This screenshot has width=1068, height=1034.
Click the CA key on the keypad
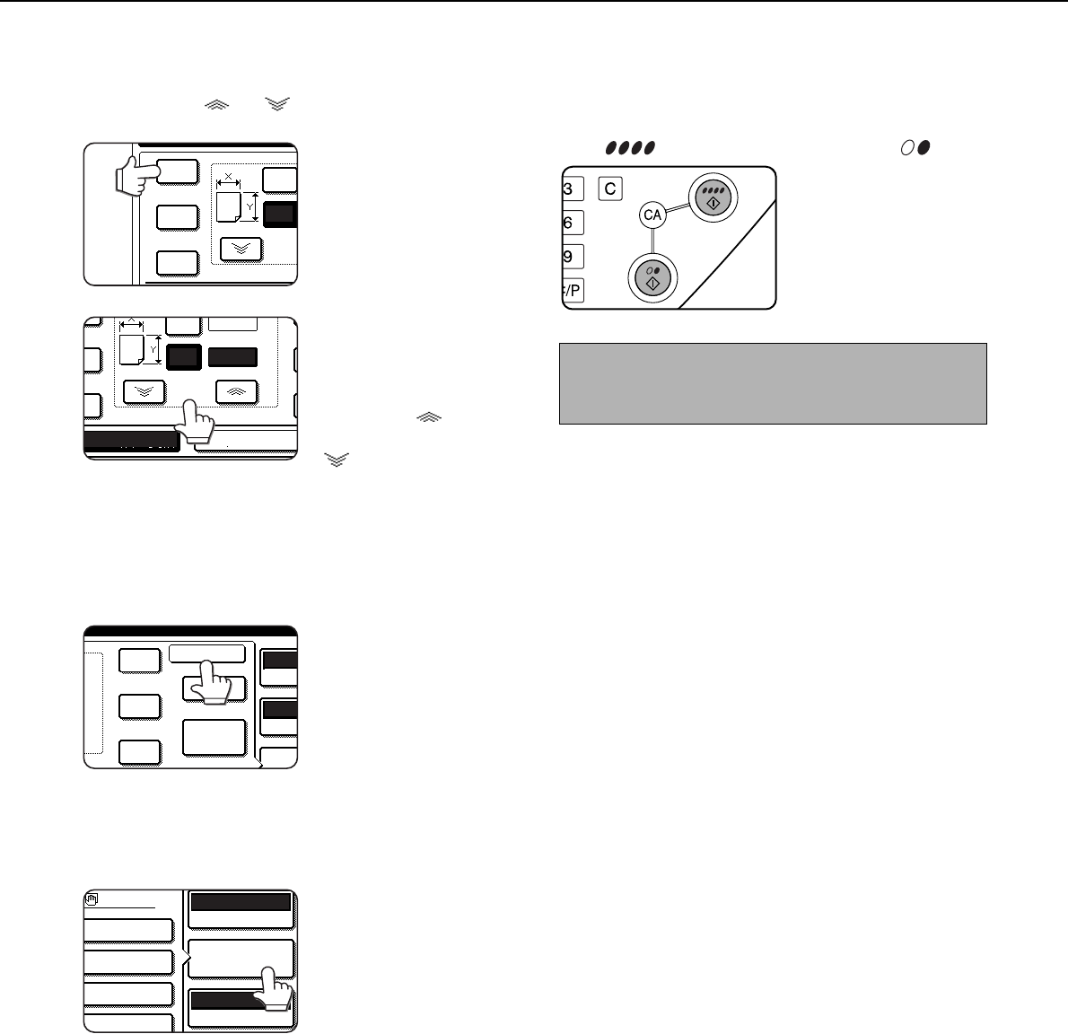point(652,215)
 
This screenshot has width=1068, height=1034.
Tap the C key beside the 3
point(610,188)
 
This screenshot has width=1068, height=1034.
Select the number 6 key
point(573,223)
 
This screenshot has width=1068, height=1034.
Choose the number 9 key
point(573,257)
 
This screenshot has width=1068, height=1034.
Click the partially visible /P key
point(573,291)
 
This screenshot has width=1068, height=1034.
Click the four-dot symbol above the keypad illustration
point(630,147)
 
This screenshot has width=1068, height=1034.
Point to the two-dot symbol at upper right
point(915,147)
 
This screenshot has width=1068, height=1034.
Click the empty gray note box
point(773,383)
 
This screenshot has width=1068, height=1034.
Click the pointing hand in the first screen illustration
point(137,175)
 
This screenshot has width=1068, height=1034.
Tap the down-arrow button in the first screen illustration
point(241,249)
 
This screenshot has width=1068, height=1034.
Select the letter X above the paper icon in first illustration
point(228,177)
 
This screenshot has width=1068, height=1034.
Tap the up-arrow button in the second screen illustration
point(236,391)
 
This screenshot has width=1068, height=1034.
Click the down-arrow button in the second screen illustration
point(144,391)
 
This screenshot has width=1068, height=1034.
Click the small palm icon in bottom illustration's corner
point(92,899)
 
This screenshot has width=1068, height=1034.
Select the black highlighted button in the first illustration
point(280,215)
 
